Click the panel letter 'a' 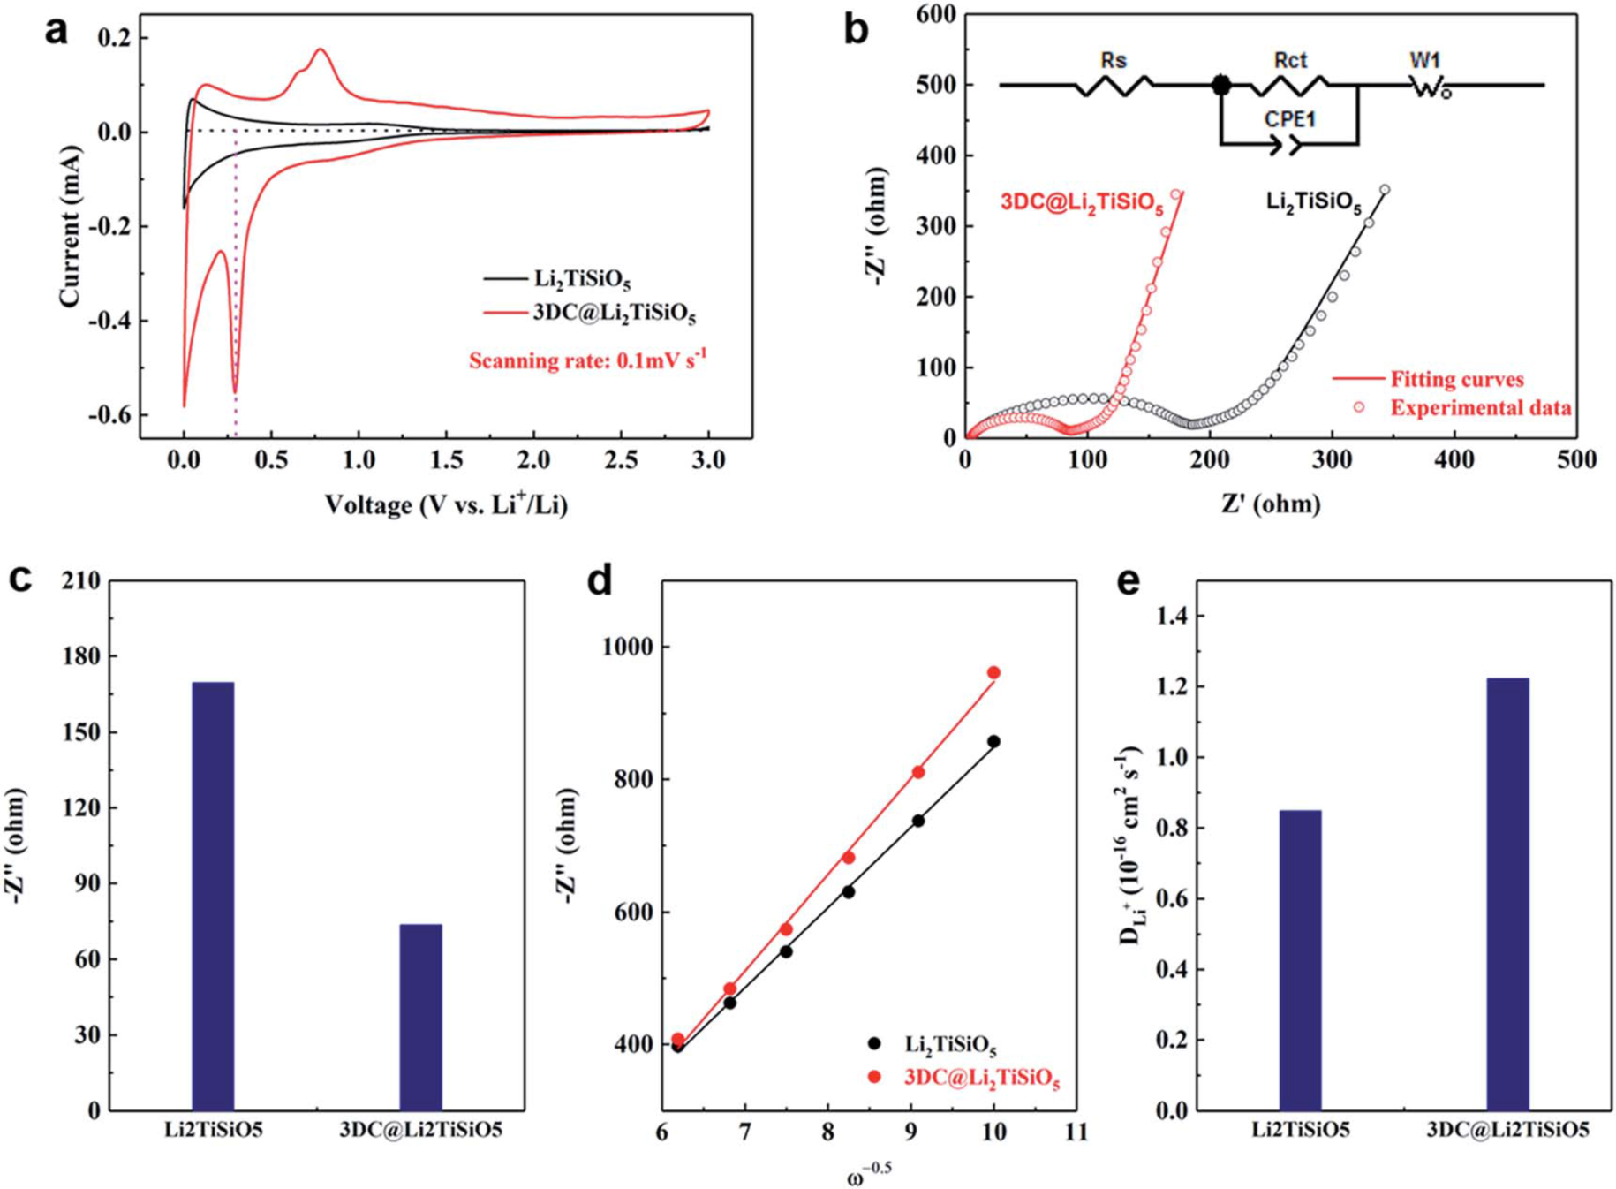[56, 31]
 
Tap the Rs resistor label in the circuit [1114, 61]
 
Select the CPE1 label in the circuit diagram [1289, 118]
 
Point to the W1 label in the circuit [1424, 61]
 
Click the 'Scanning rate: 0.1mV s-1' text [587, 360]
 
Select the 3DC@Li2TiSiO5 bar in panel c [420, 1017]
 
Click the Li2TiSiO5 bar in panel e [1300, 959]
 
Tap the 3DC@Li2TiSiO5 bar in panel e [1507, 893]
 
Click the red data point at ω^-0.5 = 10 [993, 673]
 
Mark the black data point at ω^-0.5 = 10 [993, 742]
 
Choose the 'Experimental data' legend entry [1480, 408]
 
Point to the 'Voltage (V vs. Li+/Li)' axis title [446, 505]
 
